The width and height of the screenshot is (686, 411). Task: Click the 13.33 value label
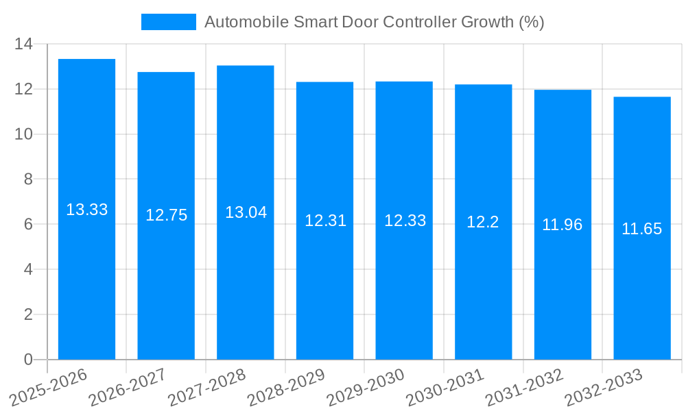pyautogui.click(x=86, y=210)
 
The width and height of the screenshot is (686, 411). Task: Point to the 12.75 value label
pyautogui.click(x=166, y=215)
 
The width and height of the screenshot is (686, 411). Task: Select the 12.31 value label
pyautogui.click(x=325, y=221)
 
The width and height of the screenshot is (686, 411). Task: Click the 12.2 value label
pyautogui.click(x=483, y=222)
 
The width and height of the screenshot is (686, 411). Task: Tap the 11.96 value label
pyautogui.click(x=563, y=225)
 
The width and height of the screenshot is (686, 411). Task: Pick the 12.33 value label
pyautogui.click(x=405, y=221)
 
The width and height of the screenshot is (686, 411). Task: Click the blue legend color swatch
pyautogui.click(x=168, y=22)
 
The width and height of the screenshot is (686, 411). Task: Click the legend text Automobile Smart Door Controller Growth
pyautogui.click(x=374, y=22)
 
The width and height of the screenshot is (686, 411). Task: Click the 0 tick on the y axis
pyautogui.click(x=28, y=360)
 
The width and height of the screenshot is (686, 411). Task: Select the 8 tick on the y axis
pyautogui.click(x=28, y=179)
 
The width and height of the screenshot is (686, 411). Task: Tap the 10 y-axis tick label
pyautogui.click(x=24, y=134)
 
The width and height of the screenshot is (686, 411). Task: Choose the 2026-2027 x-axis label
pyautogui.click(x=128, y=388)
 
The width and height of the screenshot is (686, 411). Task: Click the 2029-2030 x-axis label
pyautogui.click(x=366, y=388)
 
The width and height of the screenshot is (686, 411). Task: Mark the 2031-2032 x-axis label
pyautogui.click(x=524, y=388)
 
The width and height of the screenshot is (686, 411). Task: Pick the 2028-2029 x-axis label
pyautogui.click(x=286, y=388)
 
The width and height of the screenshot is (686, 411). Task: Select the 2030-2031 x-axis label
pyautogui.click(x=445, y=388)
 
